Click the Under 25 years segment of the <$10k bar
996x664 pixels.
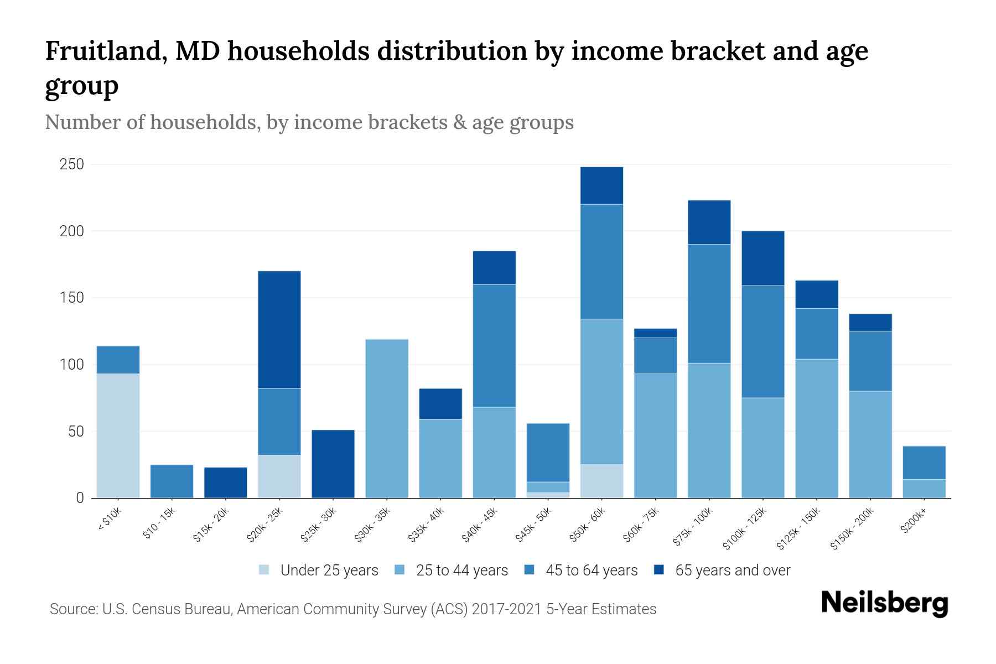[118, 435]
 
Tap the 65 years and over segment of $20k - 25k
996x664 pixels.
[279, 329]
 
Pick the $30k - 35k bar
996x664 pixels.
[387, 418]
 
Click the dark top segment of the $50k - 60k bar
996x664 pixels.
[601, 185]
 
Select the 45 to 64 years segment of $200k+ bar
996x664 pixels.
[924, 463]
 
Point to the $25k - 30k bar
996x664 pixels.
[333, 464]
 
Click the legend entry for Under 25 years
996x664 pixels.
[329, 570]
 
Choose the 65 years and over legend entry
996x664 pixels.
[732, 570]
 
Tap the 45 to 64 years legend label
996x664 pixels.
[591, 570]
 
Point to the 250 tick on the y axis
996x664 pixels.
[72, 164]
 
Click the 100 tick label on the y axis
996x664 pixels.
[72, 365]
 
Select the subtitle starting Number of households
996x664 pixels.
[309, 122]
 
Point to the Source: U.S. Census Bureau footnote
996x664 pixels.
[352, 609]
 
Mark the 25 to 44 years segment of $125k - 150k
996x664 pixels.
[816, 428]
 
